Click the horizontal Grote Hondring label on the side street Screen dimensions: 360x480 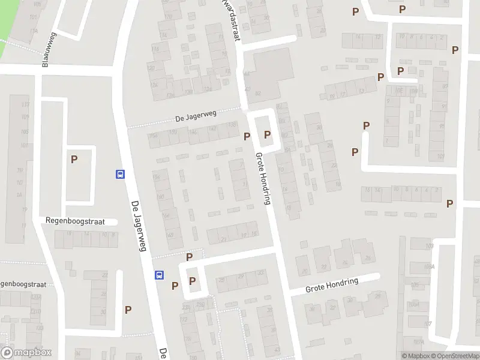[x=332, y=285]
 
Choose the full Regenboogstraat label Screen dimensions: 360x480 [x=75, y=221]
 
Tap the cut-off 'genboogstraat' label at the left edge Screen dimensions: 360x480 [x=22, y=283]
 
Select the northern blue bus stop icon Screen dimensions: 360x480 [x=120, y=175]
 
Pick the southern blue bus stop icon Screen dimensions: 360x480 [x=160, y=275]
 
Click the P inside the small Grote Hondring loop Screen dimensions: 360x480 [x=267, y=134]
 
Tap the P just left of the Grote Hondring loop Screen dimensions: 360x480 [x=247, y=136]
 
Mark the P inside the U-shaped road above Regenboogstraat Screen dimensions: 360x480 [x=74, y=160]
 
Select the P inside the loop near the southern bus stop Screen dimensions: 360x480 [x=193, y=280]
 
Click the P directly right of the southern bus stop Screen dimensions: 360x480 [x=175, y=286]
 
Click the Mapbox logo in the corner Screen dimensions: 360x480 [x=26, y=353]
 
